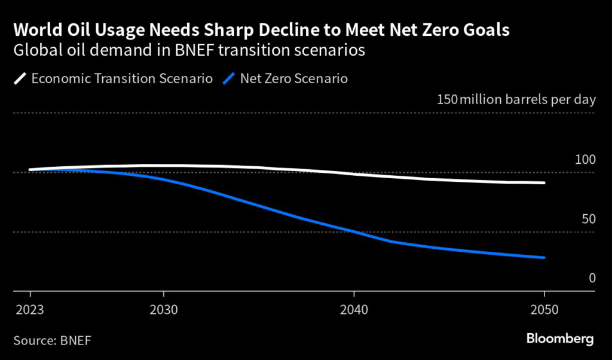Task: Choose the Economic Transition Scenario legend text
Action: coord(122,78)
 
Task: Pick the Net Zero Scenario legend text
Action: coord(295,78)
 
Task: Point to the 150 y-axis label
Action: coord(448,99)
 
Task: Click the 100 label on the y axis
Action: coord(585,160)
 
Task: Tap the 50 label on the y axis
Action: coord(588,219)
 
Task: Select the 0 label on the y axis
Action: coord(592,278)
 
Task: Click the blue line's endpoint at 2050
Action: coord(544,258)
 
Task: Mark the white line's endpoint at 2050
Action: coord(544,183)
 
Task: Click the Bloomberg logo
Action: coord(560,339)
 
